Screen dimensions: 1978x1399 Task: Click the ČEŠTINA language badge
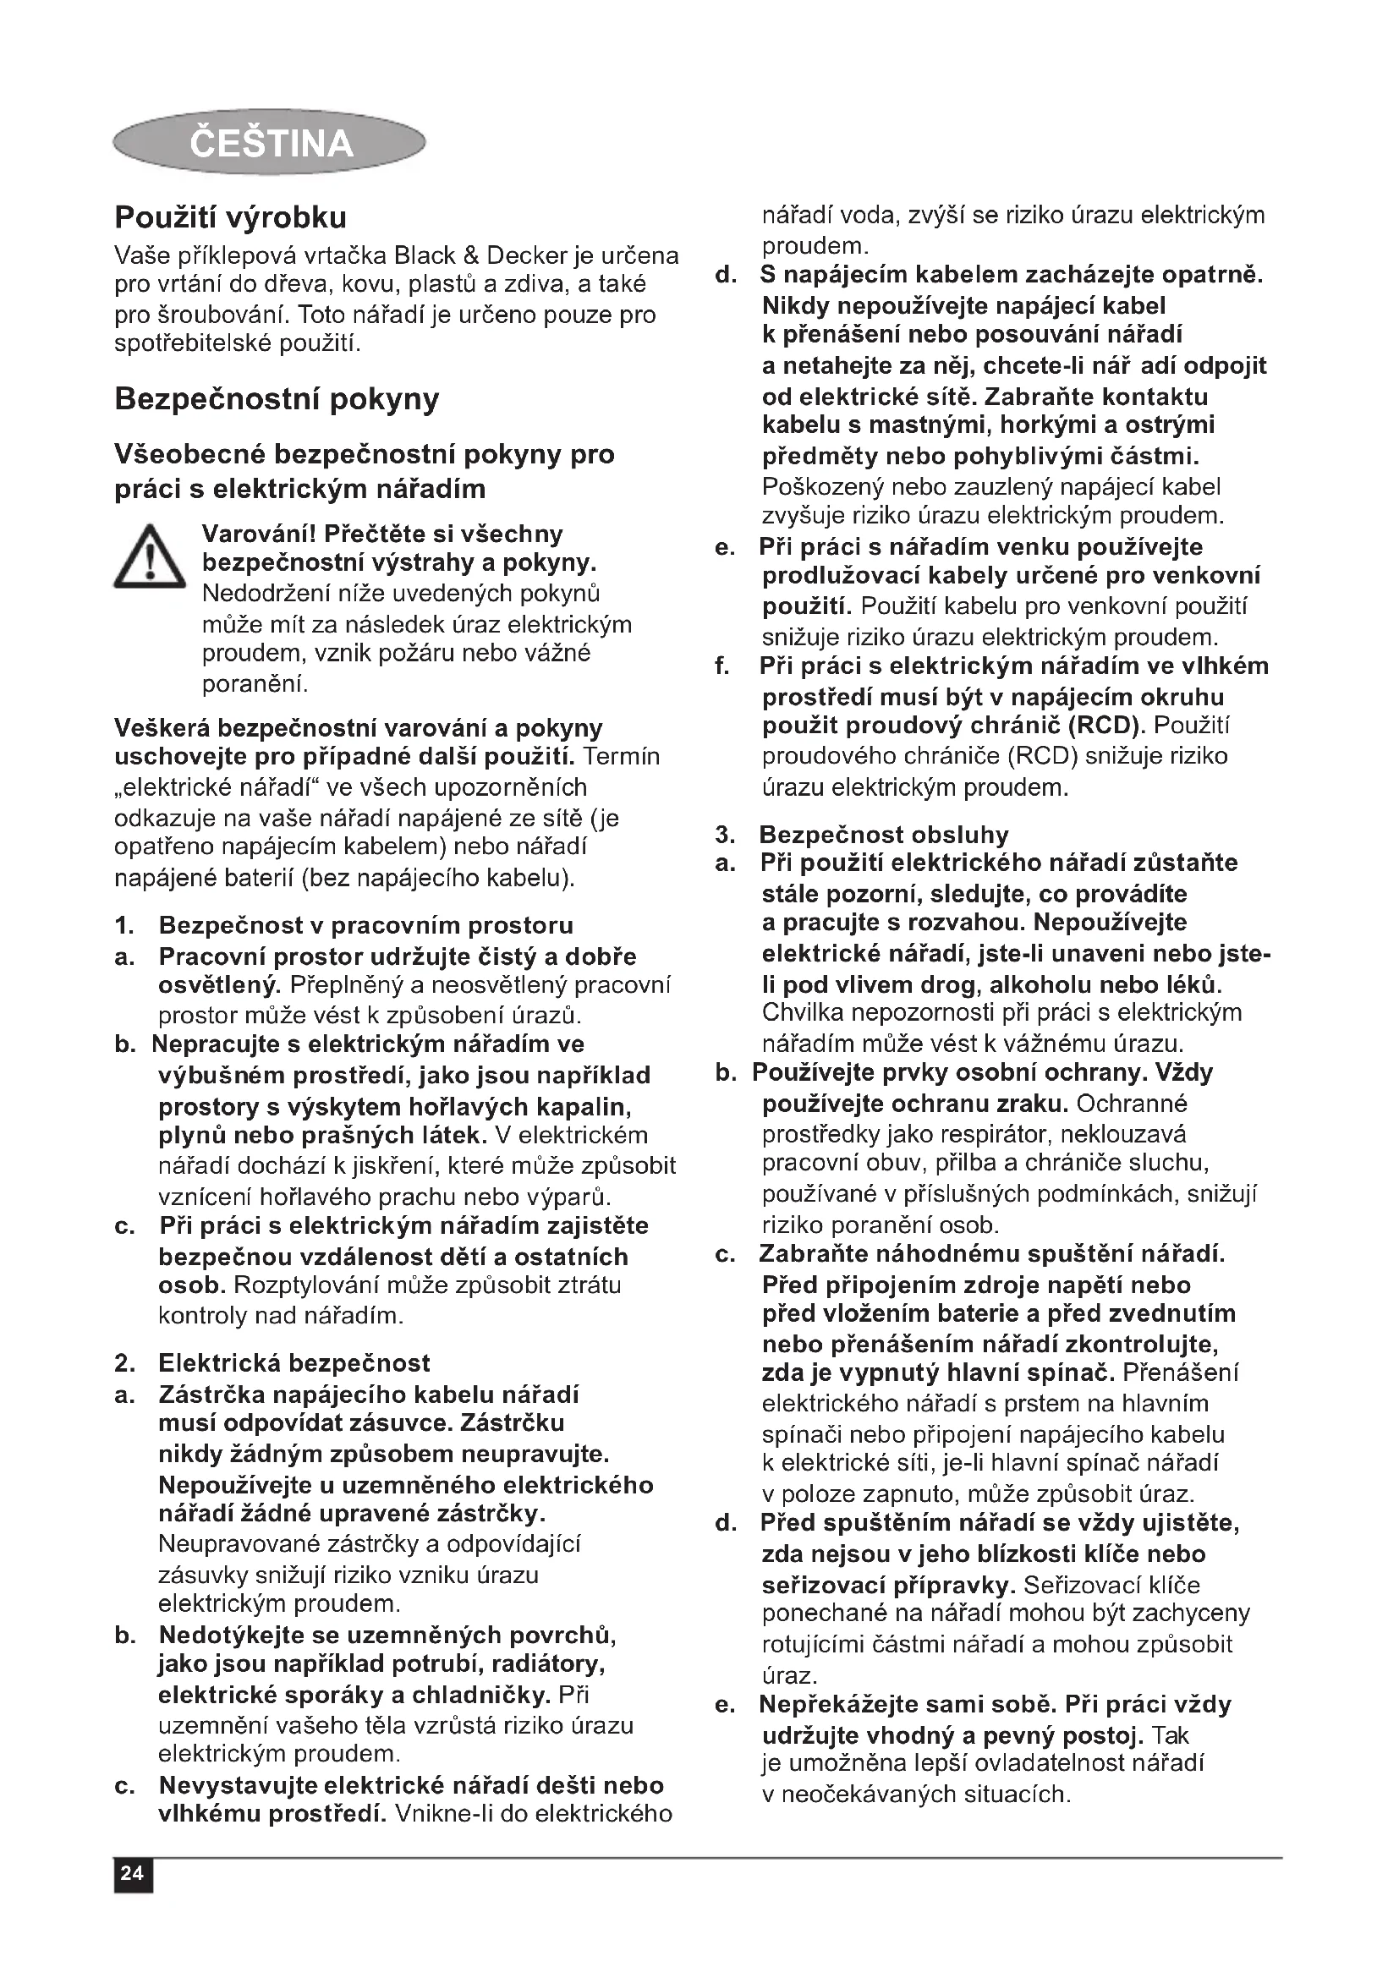[x=270, y=142]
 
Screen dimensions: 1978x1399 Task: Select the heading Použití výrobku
[x=231, y=217]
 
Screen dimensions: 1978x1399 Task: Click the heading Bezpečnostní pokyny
[x=277, y=399]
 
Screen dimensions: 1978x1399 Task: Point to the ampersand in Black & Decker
[x=471, y=256]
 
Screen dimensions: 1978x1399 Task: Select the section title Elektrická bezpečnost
[x=294, y=1363]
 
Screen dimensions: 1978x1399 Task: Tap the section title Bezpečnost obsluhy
[x=883, y=834]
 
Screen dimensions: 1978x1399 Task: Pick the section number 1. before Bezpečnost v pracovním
[x=125, y=926]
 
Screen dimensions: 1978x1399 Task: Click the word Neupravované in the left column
[x=236, y=1543]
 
